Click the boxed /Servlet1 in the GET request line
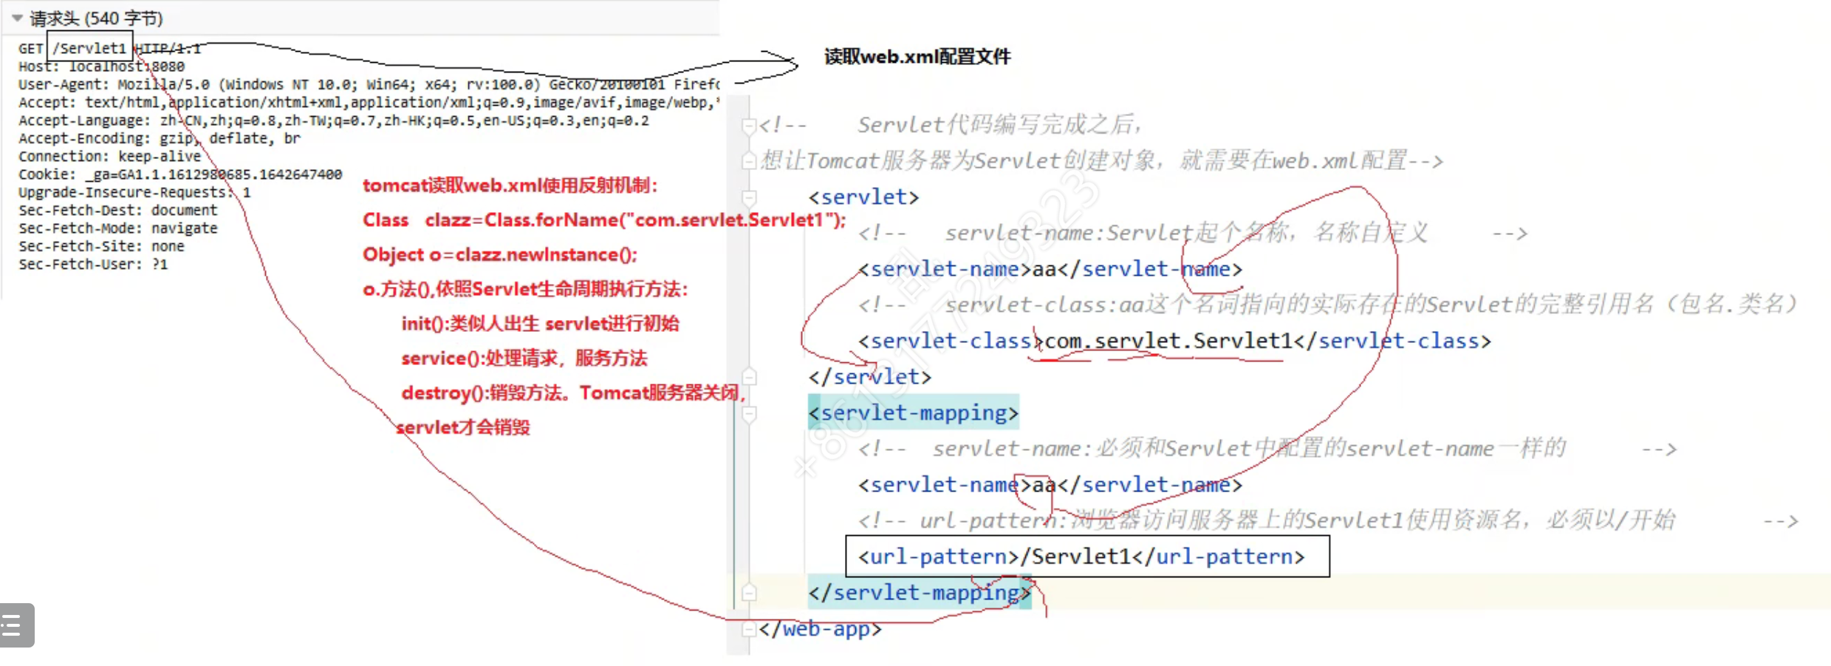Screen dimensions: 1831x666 tap(90, 49)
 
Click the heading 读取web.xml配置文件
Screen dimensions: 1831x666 tap(917, 57)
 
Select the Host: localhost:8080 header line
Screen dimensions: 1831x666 tap(101, 67)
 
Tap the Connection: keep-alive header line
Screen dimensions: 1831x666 tap(109, 157)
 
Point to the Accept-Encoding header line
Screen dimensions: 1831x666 tap(159, 138)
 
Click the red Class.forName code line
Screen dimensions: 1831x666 tap(603, 220)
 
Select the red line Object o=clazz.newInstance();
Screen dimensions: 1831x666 tap(499, 255)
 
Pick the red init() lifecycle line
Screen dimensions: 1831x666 tap(540, 324)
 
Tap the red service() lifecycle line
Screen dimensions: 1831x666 tap(524, 359)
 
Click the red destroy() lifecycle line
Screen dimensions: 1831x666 tap(572, 393)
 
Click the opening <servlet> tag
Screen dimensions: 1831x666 tap(863, 197)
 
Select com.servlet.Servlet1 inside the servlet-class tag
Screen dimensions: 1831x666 tap(1168, 341)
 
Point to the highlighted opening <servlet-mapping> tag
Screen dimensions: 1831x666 tap(914, 412)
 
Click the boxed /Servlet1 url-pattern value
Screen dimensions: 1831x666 tap(1081, 557)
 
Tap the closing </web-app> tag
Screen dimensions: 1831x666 tap(820, 629)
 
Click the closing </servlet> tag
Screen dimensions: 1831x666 tap(869, 377)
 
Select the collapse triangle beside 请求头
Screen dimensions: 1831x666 tap(17, 18)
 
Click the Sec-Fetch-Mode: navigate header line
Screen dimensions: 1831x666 tap(117, 228)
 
